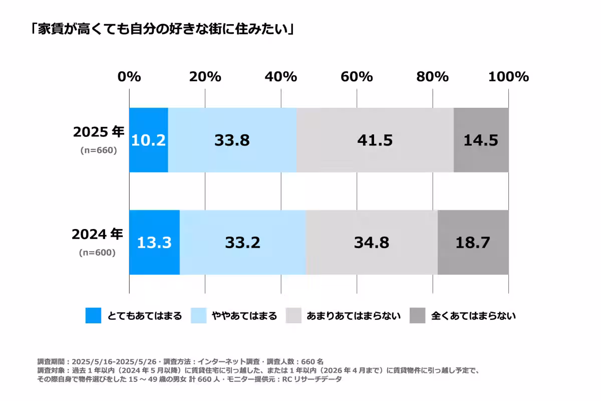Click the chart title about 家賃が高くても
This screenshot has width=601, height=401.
[x=162, y=29]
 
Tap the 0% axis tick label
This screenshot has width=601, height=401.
[x=129, y=77]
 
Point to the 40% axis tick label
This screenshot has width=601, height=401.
[x=281, y=77]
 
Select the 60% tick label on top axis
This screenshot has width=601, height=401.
[x=357, y=77]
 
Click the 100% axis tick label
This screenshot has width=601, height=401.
[x=508, y=77]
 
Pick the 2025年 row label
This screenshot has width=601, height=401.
[x=99, y=132]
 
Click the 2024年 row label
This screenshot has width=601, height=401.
[x=97, y=234]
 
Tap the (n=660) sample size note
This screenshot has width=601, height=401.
[x=99, y=150]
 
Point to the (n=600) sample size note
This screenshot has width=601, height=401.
[x=97, y=252]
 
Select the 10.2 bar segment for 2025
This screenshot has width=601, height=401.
[x=148, y=140]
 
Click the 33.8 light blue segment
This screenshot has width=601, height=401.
[x=232, y=140]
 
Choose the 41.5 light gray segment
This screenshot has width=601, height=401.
[x=375, y=140]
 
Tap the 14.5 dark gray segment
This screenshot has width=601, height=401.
[x=481, y=140]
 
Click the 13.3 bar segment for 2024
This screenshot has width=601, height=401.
[x=154, y=243]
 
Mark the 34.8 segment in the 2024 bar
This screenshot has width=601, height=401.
[x=372, y=243]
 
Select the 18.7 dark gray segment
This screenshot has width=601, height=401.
[x=473, y=243]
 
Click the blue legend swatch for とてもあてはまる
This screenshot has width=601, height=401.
[x=93, y=316]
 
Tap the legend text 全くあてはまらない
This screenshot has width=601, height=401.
[x=473, y=316]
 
